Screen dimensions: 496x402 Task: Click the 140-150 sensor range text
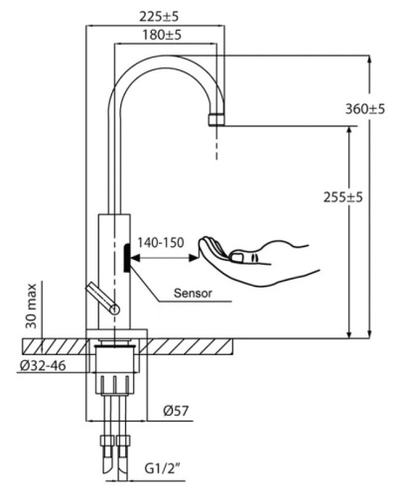pos(161,240)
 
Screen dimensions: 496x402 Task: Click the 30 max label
pos(33,309)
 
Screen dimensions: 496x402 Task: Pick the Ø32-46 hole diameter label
pos(43,366)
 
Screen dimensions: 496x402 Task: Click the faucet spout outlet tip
pos(217,118)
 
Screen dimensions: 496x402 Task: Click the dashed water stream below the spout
pos(217,143)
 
